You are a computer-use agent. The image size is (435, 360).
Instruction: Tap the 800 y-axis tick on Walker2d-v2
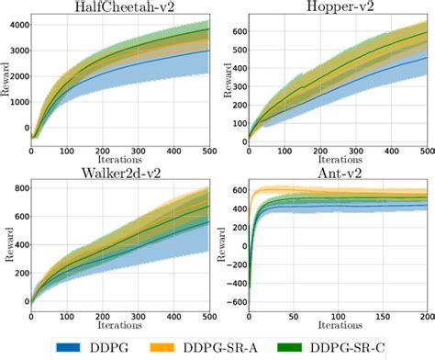(x=17, y=189)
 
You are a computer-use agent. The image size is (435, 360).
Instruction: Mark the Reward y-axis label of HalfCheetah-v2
(x=6, y=81)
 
